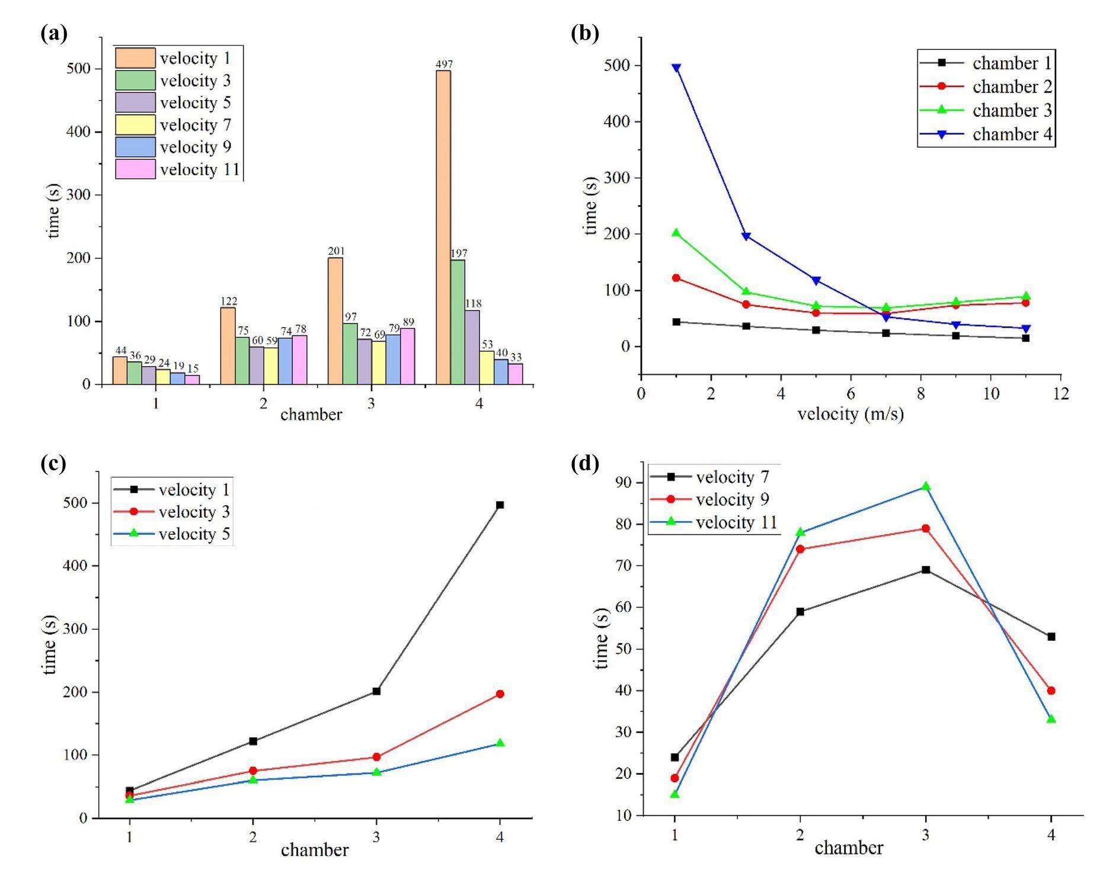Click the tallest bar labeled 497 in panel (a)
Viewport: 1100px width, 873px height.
coord(443,227)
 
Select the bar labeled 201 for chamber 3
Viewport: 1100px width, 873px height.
coord(335,321)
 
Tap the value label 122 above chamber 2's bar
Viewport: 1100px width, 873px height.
coord(228,301)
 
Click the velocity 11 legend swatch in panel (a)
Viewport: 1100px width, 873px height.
coord(135,169)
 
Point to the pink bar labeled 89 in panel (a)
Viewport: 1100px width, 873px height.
coord(407,356)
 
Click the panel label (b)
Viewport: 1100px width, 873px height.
coord(584,33)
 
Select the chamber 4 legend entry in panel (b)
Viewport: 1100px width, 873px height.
coord(986,134)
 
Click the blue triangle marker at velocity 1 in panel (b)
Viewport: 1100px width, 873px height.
coord(676,68)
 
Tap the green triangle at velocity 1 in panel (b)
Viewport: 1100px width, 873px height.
coord(676,233)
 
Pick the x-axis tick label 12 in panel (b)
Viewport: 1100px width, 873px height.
coord(1060,393)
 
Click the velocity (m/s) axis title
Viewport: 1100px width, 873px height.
coord(850,413)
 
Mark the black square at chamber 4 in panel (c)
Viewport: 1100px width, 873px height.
coord(500,505)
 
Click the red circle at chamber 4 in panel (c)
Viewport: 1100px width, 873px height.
coord(500,694)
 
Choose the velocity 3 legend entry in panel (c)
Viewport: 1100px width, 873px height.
coord(172,512)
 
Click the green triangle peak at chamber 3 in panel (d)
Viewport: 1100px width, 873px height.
coord(926,486)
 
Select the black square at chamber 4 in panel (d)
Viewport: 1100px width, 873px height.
coord(1051,637)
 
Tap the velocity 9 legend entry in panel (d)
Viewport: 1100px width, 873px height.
coord(711,500)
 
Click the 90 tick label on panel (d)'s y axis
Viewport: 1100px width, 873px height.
coord(623,483)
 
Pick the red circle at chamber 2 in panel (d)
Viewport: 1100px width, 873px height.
coord(800,549)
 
